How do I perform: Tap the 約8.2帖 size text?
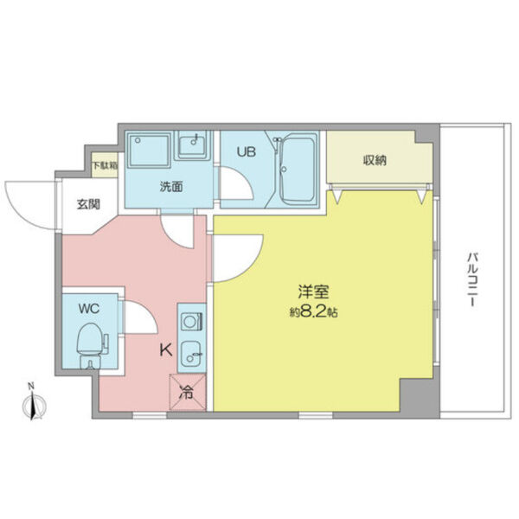click(313, 312)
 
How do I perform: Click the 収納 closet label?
click(375, 159)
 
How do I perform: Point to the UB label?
click(246, 151)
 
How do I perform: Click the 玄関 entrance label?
click(86, 205)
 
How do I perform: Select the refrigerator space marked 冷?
click(188, 391)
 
